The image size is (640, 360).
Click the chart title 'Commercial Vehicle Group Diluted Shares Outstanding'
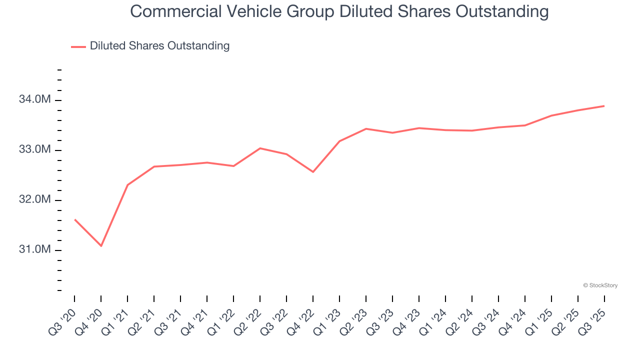[339, 11]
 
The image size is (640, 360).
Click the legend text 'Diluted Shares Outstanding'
[159, 46]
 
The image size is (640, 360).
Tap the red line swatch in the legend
[78, 46]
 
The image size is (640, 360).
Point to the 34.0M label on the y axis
[34, 100]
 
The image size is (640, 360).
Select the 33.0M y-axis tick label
[34, 150]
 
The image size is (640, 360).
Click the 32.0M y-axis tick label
[34, 200]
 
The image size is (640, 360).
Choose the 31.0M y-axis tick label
[34, 250]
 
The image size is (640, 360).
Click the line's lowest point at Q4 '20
[101, 246]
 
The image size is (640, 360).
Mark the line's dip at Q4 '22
[313, 172]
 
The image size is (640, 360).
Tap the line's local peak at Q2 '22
[260, 148]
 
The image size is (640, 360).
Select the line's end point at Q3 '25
[604, 106]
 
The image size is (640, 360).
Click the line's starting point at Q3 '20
[74, 219]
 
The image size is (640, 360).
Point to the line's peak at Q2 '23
[366, 128]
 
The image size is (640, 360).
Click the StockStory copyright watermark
[600, 285]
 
